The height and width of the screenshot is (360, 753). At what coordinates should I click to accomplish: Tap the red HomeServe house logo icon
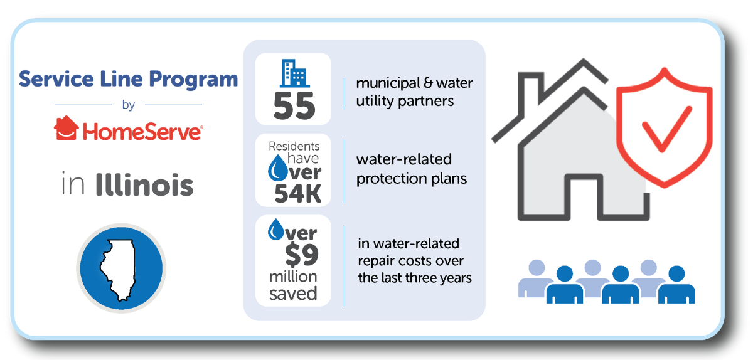click(67, 128)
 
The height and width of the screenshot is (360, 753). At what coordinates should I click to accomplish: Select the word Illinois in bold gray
click(144, 184)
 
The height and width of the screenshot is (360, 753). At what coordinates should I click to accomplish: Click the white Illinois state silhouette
click(118, 270)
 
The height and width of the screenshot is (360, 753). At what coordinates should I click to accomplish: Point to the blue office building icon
click(294, 73)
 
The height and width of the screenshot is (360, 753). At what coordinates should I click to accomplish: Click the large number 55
click(294, 106)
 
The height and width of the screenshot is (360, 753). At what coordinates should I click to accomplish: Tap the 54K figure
click(298, 194)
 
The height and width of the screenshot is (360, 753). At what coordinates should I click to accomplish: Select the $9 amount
click(302, 255)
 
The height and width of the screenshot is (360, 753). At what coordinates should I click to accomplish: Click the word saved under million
click(293, 294)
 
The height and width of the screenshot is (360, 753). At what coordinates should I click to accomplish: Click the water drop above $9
click(276, 230)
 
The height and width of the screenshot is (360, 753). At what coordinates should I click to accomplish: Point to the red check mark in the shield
click(666, 129)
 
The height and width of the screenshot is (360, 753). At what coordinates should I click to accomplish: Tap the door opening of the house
click(583, 198)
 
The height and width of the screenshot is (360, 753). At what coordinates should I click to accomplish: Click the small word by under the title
click(129, 105)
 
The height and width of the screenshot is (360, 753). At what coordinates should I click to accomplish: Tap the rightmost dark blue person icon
click(676, 284)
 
